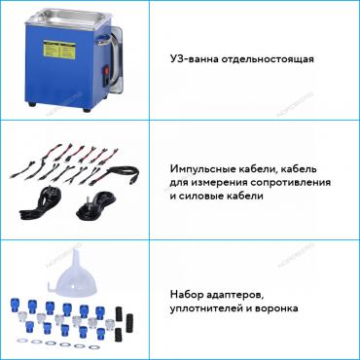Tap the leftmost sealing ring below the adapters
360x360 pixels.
coord(25,342)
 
